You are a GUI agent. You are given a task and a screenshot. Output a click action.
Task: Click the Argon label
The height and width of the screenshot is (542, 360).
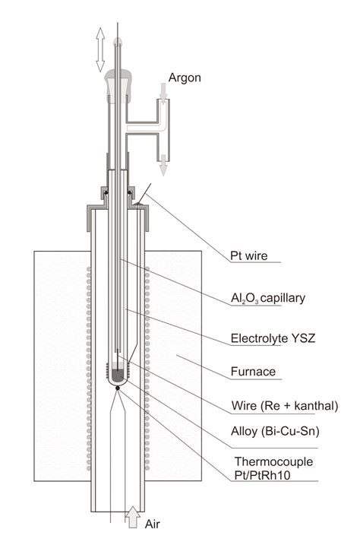(185, 78)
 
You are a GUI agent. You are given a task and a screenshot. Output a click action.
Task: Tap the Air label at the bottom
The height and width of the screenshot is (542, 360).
(153, 524)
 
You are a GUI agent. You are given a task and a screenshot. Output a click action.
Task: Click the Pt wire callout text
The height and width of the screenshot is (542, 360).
(249, 255)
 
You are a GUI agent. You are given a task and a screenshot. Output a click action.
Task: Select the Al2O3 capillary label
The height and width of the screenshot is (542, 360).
(268, 298)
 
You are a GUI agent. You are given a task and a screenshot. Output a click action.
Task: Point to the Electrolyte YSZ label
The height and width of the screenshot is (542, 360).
(273, 338)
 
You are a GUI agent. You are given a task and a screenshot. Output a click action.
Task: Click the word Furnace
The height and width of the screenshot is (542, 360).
(253, 372)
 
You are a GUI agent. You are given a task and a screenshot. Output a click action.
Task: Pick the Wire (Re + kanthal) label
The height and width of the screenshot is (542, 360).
(285, 405)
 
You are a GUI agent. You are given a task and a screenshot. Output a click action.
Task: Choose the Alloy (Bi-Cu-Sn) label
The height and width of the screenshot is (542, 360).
(275, 431)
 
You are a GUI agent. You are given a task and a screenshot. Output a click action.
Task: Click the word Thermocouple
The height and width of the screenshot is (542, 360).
(273, 462)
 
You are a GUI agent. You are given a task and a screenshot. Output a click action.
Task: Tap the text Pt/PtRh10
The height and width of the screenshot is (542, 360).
(262, 475)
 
